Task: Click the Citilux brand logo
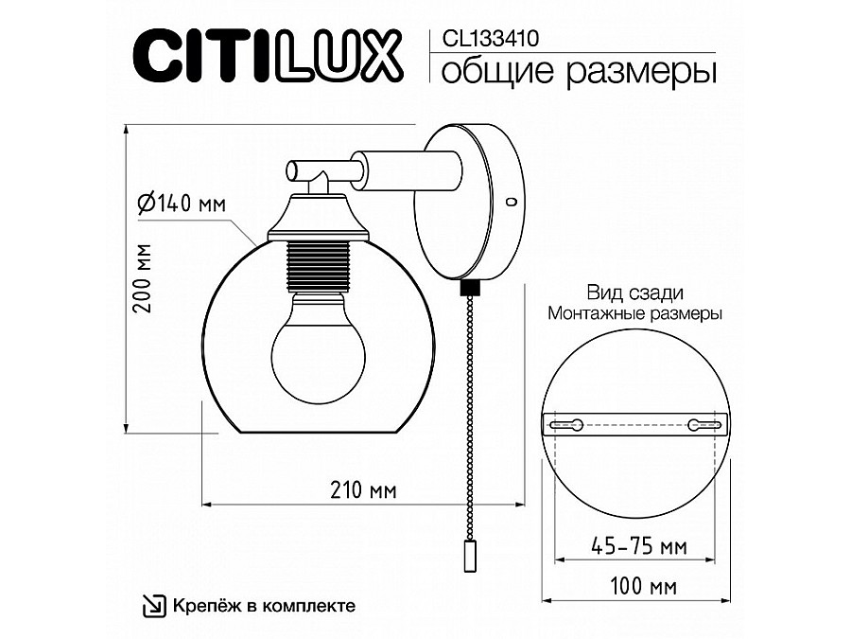(x=268, y=57)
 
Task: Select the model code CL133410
(x=490, y=39)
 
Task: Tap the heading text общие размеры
(x=579, y=71)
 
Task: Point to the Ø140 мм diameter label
(x=182, y=204)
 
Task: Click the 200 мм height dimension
(x=143, y=278)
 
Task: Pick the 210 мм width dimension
(x=363, y=490)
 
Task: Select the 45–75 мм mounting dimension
(x=638, y=546)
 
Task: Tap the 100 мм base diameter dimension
(x=644, y=587)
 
